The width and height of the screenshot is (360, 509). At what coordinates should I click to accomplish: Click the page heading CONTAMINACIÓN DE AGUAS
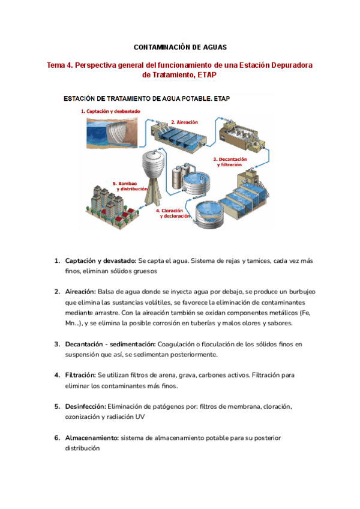[179, 46]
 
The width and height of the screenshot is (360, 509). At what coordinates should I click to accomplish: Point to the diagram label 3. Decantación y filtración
[228, 161]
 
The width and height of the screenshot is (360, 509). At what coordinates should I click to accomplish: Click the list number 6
[57, 438]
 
